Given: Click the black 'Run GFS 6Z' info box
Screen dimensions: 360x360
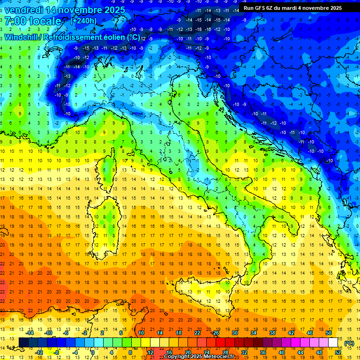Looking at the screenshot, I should pos(292,8).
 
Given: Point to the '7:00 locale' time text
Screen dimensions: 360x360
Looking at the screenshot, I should pos(33,22).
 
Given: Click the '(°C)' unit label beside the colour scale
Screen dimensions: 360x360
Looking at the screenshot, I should pos(349,343).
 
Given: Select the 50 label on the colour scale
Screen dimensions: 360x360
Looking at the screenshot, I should pos(328,333).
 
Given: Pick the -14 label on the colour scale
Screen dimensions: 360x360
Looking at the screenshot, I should pos(30,333).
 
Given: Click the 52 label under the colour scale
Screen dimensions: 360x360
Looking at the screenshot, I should pos(338,352).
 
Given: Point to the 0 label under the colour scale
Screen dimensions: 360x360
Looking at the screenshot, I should pos(92,352).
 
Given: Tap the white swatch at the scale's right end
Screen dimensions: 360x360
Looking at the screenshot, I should pos(333,343).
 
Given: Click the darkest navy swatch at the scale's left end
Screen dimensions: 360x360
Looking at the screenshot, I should pos(23,343).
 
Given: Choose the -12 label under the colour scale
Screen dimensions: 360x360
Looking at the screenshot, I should pos(39,352).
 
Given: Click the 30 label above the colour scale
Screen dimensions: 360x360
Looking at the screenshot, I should pos(234,333).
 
